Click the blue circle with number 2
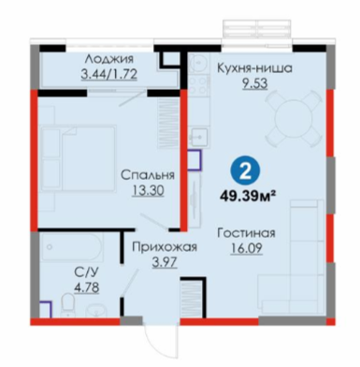tap(245, 172)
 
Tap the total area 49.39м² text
tap(248, 196)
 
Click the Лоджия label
tap(109, 59)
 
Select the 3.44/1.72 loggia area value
tap(109, 74)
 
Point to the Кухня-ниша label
tap(254, 68)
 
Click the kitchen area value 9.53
tap(255, 83)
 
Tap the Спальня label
tap(148, 175)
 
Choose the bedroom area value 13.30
tap(148, 190)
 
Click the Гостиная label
tap(246, 233)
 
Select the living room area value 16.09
tap(247, 248)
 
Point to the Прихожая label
tap(165, 247)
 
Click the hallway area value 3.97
tap(165, 262)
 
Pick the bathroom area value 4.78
tap(86, 287)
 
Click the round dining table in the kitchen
tap(294, 119)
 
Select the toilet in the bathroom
tap(67, 305)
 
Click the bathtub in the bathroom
tap(72, 247)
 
